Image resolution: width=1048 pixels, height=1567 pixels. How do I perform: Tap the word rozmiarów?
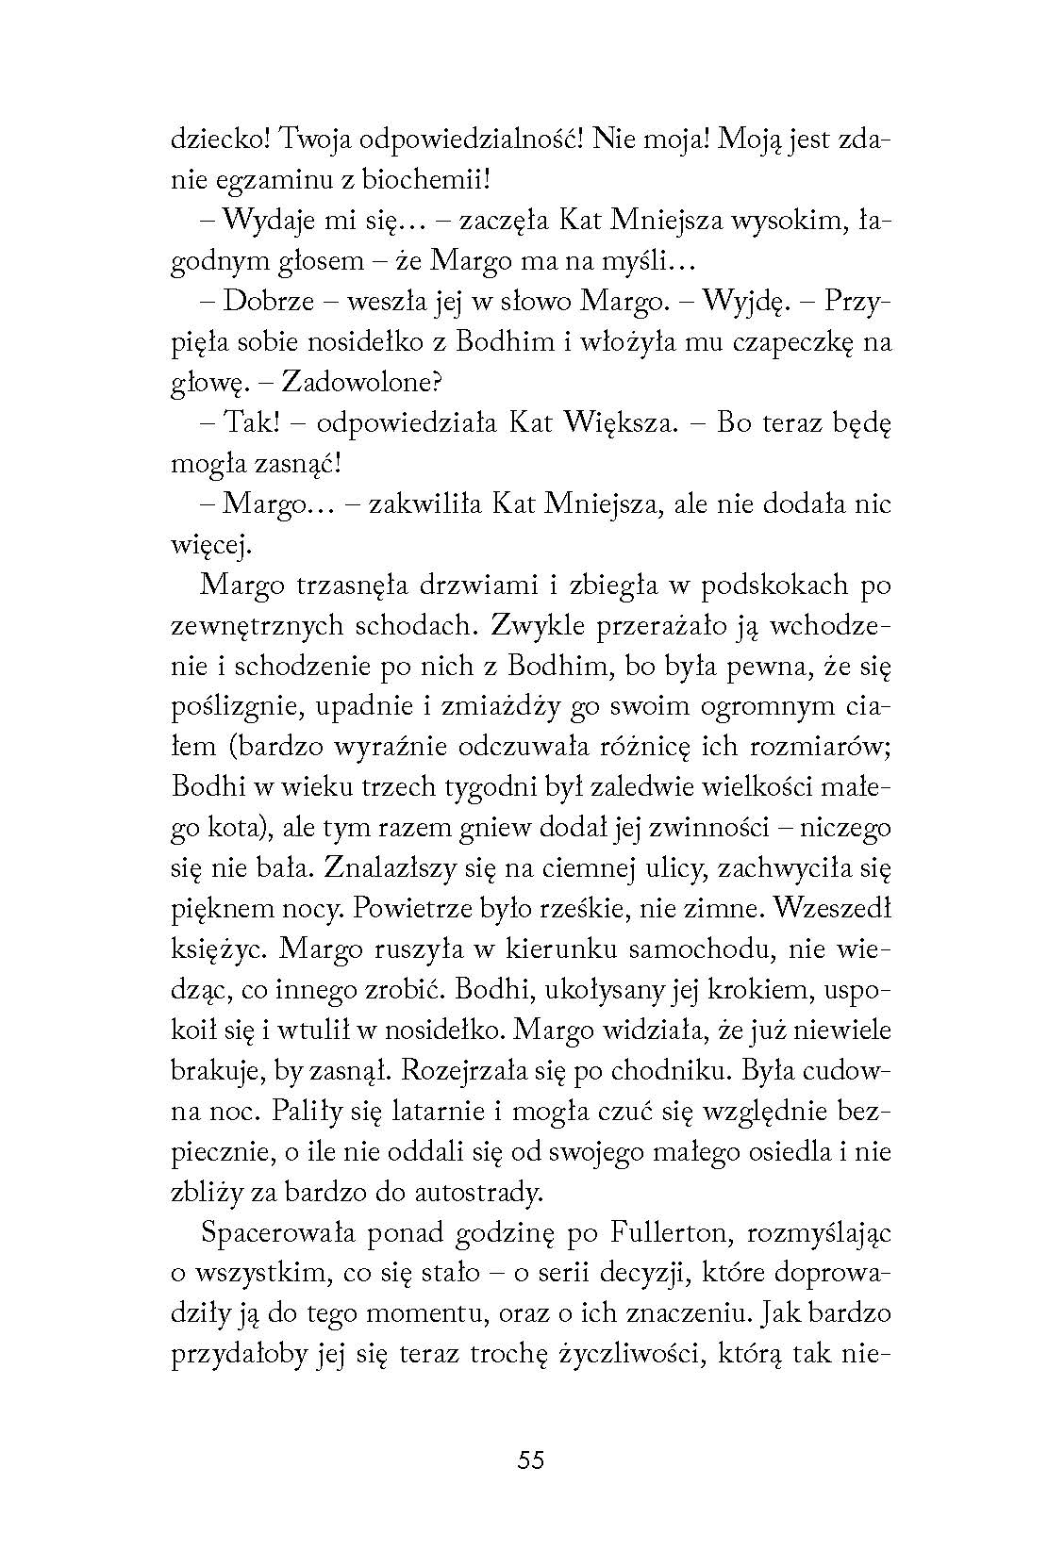[x=820, y=748]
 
